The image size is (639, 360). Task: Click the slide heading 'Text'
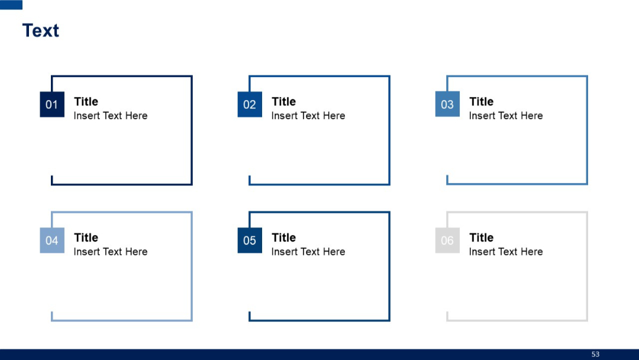click(x=41, y=31)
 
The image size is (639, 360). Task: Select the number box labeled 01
click(x=52, y=105)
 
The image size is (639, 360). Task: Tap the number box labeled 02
click(x=250, y=105)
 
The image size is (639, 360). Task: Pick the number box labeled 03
click(x=447, y=105)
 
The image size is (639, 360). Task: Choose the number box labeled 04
click(x=52, y=240)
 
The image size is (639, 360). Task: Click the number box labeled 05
click(x=250, y=240)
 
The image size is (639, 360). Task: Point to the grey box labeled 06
click(x=447, y=240)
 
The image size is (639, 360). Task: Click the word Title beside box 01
click(x=86, y=102)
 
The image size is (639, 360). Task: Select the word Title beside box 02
click(x=283, y=102)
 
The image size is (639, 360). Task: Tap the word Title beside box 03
click(x=481, y=102)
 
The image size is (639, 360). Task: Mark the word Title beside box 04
click(x=86, y=237)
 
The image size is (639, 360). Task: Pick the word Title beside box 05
click(x=283, y=237)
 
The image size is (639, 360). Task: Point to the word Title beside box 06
click(x=481, y=237)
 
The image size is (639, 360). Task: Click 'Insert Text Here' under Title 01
click(x=111, y=116)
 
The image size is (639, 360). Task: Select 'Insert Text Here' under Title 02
click(x=308, y=116)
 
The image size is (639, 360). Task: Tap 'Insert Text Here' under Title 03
click(x=506, y=116)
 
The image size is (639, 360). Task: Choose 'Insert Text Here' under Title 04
click(x=111, y=252)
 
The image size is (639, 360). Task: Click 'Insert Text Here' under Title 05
click(x=308, y=252)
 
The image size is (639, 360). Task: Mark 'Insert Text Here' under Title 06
click(x=506, y=252)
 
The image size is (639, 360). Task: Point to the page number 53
click(x=595, y=354)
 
